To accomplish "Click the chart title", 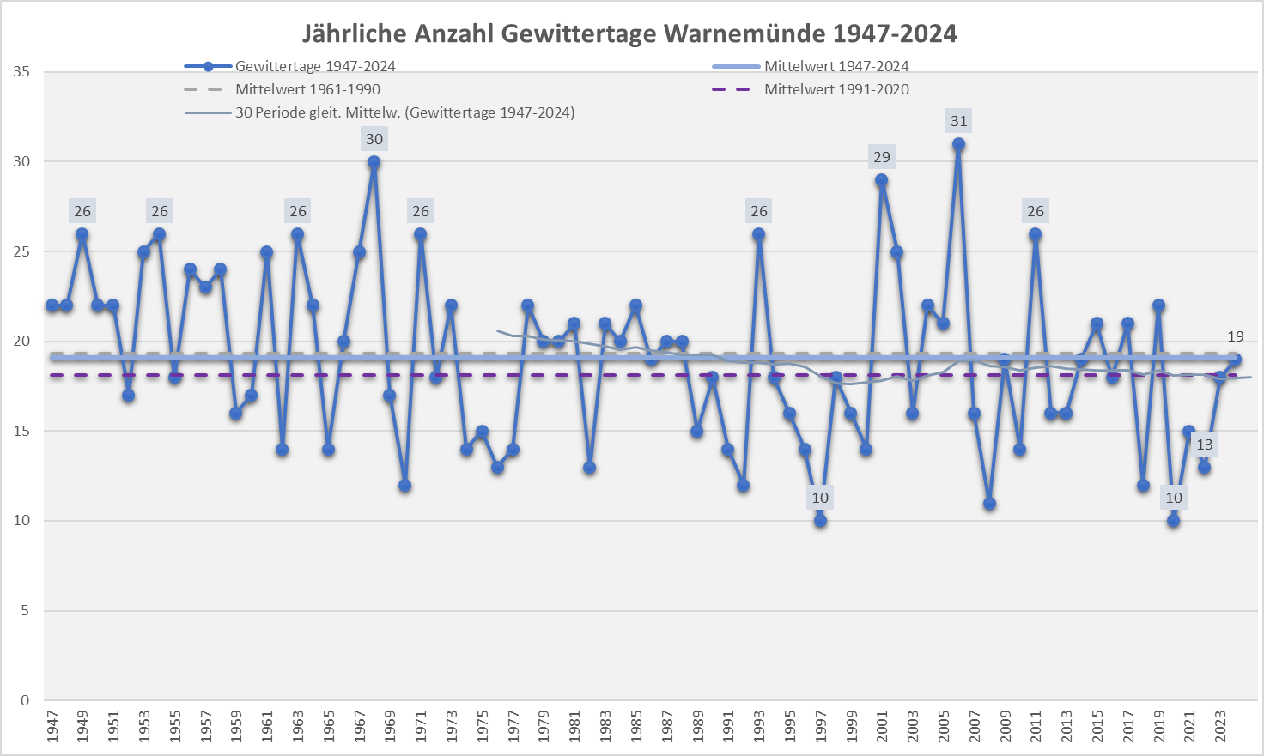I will [x=629, y=33].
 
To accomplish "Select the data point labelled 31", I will [x=958, y=144].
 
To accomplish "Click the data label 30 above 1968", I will [x=374, y=139].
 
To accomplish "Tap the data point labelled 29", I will [x=882, y=180].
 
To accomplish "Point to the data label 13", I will [x=1205, y=445].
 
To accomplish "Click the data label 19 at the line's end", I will [x=1235, y=336].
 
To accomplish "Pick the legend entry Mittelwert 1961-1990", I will [x=307, y=89].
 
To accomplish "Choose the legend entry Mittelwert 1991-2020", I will [x=836, y=89].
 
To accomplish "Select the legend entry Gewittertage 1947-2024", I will [x=315, y=66].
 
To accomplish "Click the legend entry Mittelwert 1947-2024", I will [x=836, y=66].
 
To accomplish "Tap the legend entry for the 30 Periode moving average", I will [x=404, y=112].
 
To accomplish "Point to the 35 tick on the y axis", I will [x=21, y=72].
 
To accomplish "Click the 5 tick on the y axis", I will [x=26, y=611].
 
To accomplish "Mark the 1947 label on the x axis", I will [x=52, y=726].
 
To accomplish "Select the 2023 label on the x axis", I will [x=1220, y=726].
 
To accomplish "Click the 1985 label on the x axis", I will [x=636, y=726].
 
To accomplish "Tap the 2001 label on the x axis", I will [x=882, y=726].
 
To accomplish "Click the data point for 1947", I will [x=52, y=305].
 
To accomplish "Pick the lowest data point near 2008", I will [x=989, y=504].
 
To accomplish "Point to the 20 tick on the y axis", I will [x=21, y=342].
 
